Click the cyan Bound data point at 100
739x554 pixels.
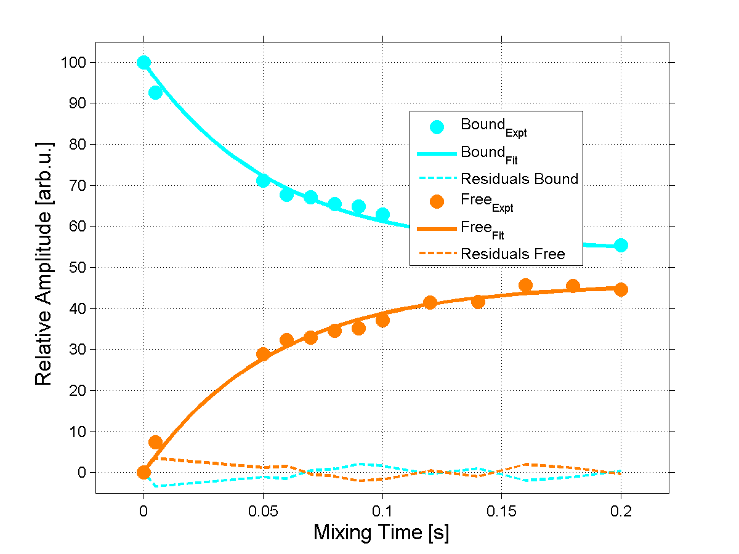(143, 62)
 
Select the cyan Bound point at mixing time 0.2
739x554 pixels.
(621, 245)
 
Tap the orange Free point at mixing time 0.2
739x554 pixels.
(621, 289)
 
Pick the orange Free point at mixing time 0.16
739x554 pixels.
(525, 285)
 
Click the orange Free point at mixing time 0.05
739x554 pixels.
(263, 354)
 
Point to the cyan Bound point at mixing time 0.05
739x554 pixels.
(263, 180)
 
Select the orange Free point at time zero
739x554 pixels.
(143, 472)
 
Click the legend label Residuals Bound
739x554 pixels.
(519, 179)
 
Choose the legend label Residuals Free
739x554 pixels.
(512, 254)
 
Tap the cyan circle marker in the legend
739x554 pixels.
(437, 127)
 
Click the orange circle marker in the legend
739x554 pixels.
(437, 201)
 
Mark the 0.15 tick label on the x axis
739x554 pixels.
(501, 511)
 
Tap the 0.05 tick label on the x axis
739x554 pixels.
(263, 511)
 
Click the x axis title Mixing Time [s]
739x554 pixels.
(381, 532)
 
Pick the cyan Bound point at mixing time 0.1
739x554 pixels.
(382, 214)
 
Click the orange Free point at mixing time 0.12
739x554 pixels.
(430, 302)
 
